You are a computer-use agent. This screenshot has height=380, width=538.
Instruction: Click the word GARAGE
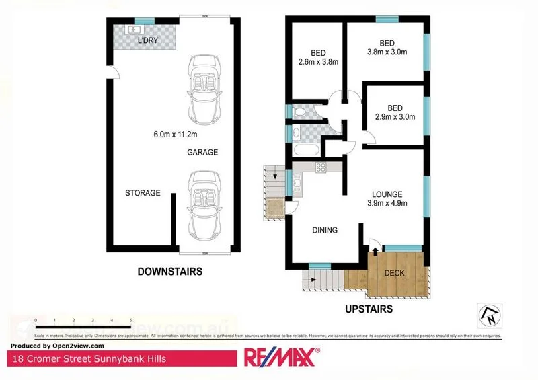pos(202,153)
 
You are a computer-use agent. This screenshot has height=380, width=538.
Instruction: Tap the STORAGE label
pos(143,193)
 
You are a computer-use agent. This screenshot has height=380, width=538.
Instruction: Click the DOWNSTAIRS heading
pos(169,272)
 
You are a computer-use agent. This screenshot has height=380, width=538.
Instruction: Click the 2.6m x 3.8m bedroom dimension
pos(318,62)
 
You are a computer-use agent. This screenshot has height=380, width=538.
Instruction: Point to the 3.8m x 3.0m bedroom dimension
pos(386,50)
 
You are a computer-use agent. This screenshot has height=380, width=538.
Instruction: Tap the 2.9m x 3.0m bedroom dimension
pos(395,116)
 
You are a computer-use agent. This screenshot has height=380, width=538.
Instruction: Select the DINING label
pos(325,230)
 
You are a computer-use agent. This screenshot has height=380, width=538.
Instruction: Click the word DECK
pos(394,273)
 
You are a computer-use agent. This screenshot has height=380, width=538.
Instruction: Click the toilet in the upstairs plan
pos(299,112)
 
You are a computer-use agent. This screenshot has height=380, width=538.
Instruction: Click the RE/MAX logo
pos(281,356)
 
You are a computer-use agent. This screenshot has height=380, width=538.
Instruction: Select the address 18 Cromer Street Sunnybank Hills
pos(89,358)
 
